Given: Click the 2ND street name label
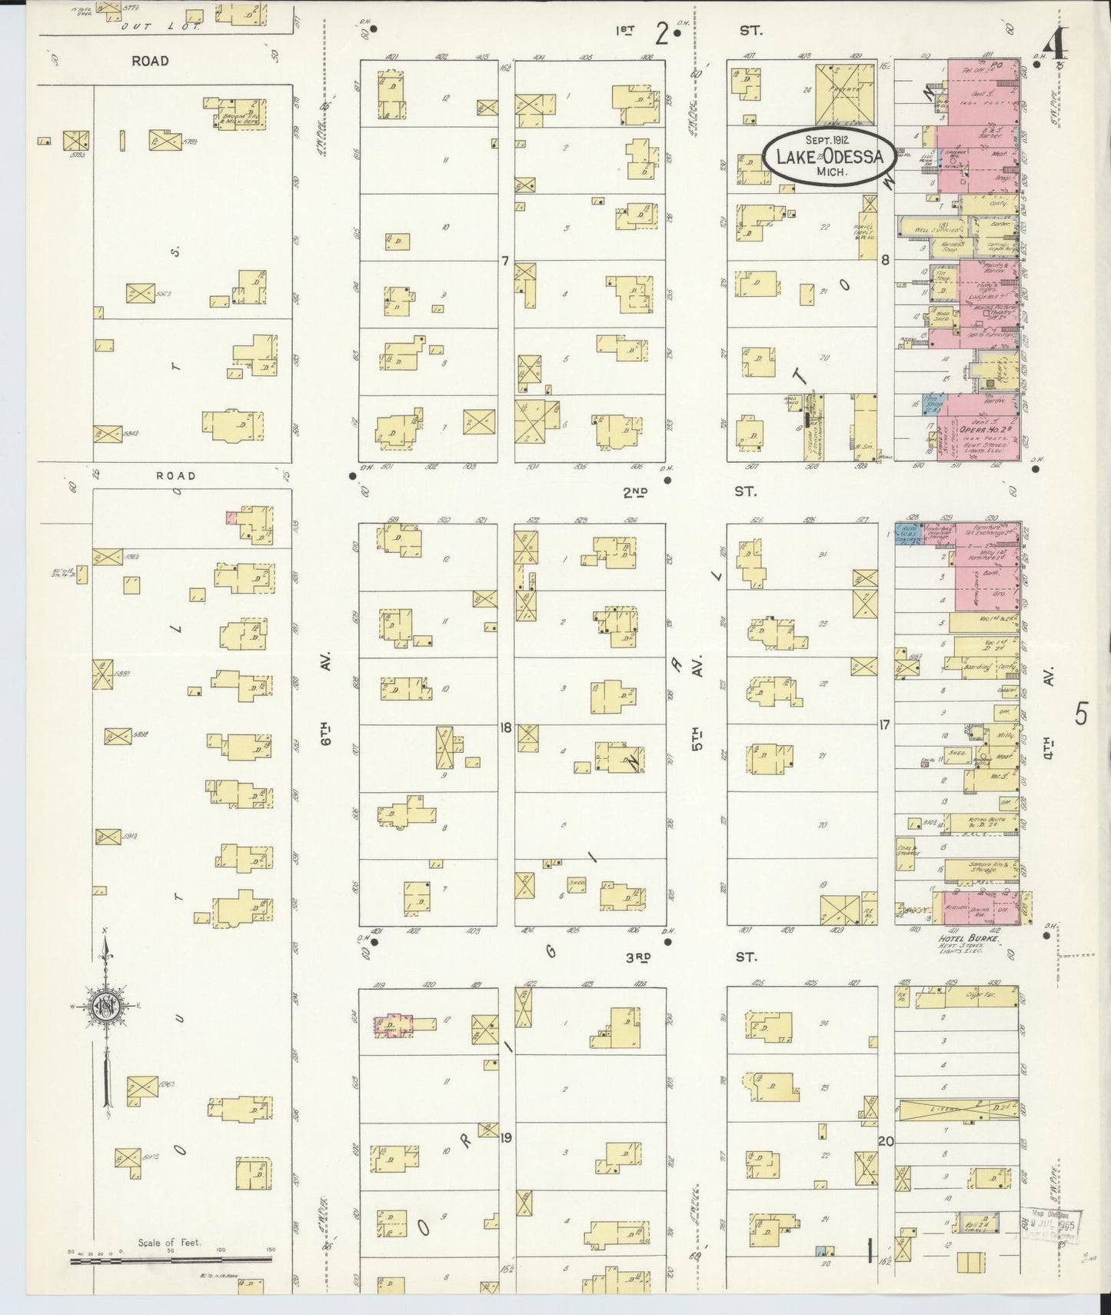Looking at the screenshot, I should (x=635, y=492).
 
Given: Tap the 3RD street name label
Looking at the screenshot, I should (x=638, y=957).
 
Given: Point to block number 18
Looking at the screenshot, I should (x=505, y=727).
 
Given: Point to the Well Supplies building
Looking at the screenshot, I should (x=932, y=228).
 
